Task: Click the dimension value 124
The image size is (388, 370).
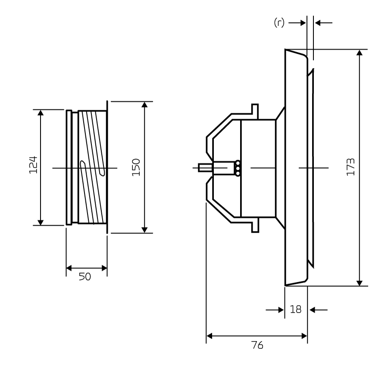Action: [33, 165]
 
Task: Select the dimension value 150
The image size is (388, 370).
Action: [136, 167]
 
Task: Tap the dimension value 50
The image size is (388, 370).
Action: [85, 277]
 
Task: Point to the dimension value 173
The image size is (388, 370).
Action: [350, 167]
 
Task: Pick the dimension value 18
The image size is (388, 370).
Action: [296, 309]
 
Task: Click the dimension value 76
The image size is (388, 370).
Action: [257, 345]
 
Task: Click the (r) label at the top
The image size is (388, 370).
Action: [279, 23]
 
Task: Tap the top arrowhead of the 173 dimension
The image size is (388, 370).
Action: [360, 53]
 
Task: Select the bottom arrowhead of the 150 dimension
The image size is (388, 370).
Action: [145, 230]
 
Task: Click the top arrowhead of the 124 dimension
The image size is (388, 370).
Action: [41, 113]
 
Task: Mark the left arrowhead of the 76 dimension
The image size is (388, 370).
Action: [210, 336]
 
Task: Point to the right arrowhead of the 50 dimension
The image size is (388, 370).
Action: [104, 268]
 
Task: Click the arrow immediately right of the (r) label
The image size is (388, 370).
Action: [297, 23]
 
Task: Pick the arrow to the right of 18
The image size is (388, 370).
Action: [319, 310]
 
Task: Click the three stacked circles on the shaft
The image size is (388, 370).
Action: [238, 168]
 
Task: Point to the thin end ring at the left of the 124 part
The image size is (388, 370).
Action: [69, 168]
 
